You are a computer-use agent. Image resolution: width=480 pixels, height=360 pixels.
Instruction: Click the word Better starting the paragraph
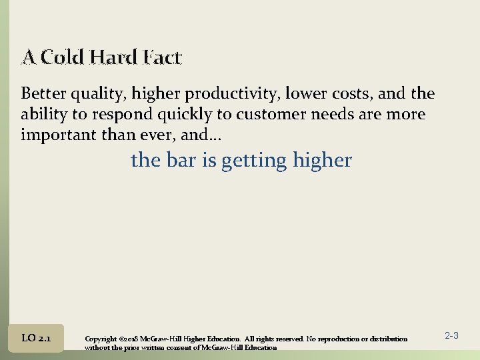44,93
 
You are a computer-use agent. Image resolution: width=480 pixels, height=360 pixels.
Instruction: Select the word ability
44,115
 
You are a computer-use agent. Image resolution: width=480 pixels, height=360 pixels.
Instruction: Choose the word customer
265,115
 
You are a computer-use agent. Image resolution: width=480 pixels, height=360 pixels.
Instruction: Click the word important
54,135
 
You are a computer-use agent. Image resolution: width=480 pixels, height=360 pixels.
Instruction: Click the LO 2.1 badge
37,339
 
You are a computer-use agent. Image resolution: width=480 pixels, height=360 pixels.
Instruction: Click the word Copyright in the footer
102,339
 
